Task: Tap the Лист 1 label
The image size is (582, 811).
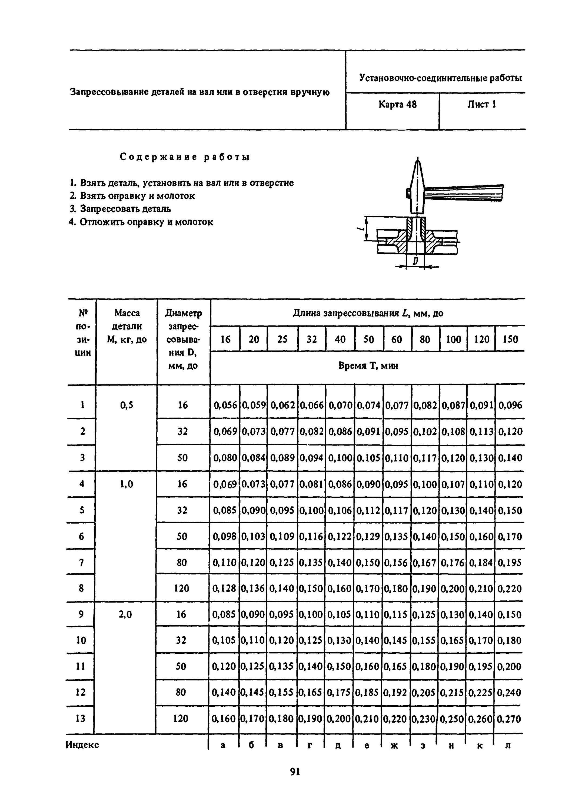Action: (481, 104)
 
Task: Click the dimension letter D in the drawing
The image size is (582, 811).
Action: (415, 261)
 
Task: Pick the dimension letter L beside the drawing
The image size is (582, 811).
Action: (361, 227)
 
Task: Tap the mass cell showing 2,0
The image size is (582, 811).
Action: (125, 614)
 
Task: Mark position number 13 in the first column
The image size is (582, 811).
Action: (81, 718)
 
